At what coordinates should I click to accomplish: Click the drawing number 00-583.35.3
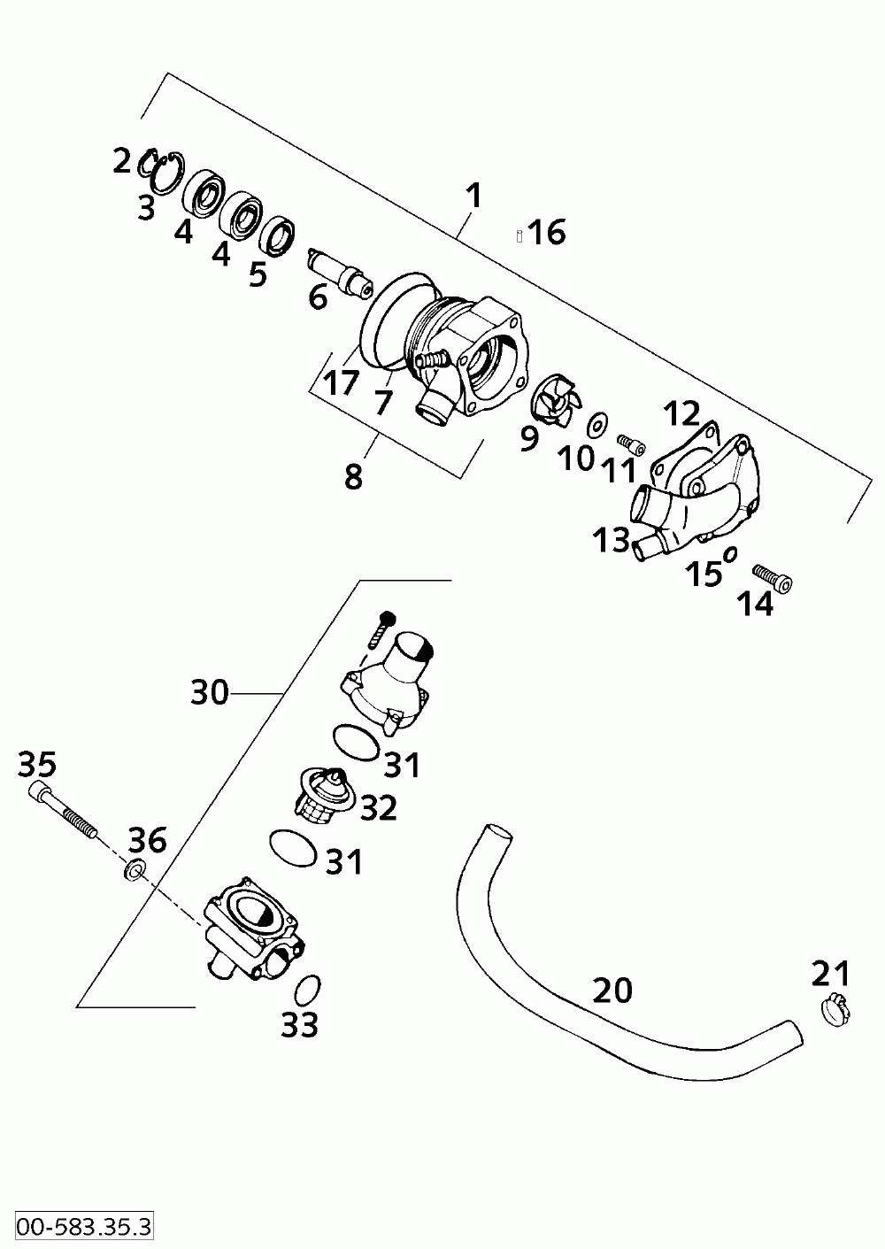pyautogui.click(x=77, y=1226)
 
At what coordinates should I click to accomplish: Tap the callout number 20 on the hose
pyautogui.click(x=612, y=990)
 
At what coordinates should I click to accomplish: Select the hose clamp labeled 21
pyautogui.click(x=834, y=1009)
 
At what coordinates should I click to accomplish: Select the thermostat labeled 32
pyautogui.click(x=326, y=792)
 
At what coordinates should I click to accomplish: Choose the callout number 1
pyautogui.click(x=474, y=196)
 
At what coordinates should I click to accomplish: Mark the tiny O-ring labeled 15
pyautogui.click(x=730, y=555)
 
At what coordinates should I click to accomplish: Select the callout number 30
pyautogui.click(x=210, y=692)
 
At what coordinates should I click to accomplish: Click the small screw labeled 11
pyautogui.click(x=629, y=442)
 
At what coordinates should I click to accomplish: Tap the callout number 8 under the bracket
pyautogui.click(x=353, y=476)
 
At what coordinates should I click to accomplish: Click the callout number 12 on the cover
pyautogui.click(x=682, y=414)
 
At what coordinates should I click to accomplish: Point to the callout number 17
pyautogui.click(x=341, y=383)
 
